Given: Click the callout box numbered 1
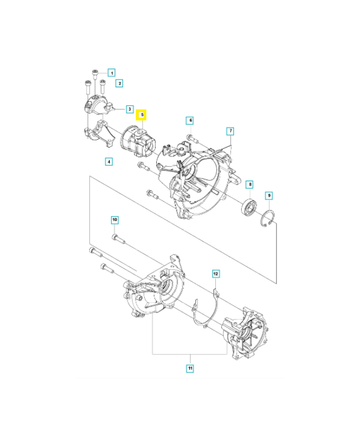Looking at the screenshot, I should pos(112,72).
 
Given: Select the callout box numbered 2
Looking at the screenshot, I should pos(119,83).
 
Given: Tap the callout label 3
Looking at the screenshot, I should pos(129,109).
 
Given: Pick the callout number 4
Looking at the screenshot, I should pos(109,162).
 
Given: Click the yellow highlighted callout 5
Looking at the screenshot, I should pos(142,115).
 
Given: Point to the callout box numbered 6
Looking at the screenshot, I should pos(189,120).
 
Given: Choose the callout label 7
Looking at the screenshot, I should pos(230,131).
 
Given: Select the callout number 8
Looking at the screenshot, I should pos(250,185).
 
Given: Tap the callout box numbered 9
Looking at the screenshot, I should pos(268,195).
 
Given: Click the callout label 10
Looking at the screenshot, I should pos(114,220).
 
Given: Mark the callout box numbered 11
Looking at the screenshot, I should pos(189,368).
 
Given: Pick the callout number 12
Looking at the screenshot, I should pos(216,273).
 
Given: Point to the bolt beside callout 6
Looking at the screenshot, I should pos(190,137).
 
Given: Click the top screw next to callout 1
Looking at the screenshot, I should pos(96,73).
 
